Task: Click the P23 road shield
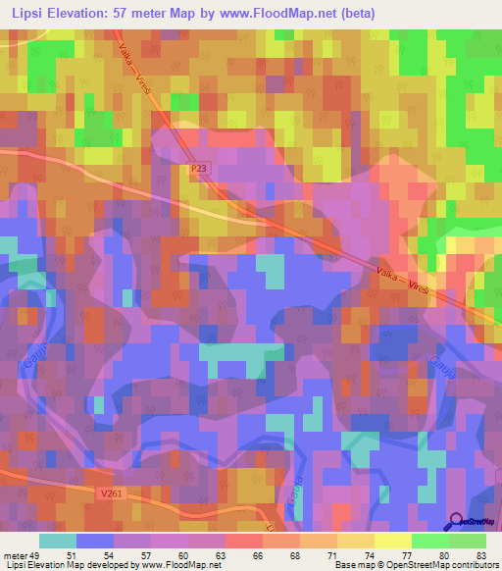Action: (200, 169)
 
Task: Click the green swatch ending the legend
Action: (468, 541)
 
